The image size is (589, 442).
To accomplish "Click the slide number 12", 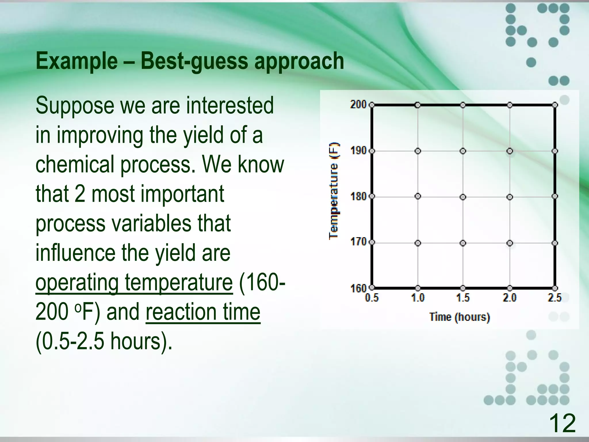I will pos(562,423).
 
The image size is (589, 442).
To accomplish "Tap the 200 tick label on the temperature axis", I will pos(358,104).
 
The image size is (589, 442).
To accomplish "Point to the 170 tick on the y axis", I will pos(358,241).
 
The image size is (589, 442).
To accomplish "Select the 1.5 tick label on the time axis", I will pos(463,298).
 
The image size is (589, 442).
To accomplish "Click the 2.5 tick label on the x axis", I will pos(554,298).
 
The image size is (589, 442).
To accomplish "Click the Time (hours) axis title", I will pos(460,317).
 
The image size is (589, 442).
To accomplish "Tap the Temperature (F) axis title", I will pos(334,190).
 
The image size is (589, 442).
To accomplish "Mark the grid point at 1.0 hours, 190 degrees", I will pos(418,151).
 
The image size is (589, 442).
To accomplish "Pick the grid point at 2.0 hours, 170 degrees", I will pos(510,243).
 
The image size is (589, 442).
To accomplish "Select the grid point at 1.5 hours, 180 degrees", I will pos(463,197).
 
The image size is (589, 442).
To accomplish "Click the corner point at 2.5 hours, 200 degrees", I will pos(555,105).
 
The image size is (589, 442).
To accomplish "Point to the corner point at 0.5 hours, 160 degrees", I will pos(372,287).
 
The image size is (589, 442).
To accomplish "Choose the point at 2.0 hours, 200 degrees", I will pos(510,105).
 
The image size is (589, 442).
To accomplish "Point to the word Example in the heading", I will pos(77,61).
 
